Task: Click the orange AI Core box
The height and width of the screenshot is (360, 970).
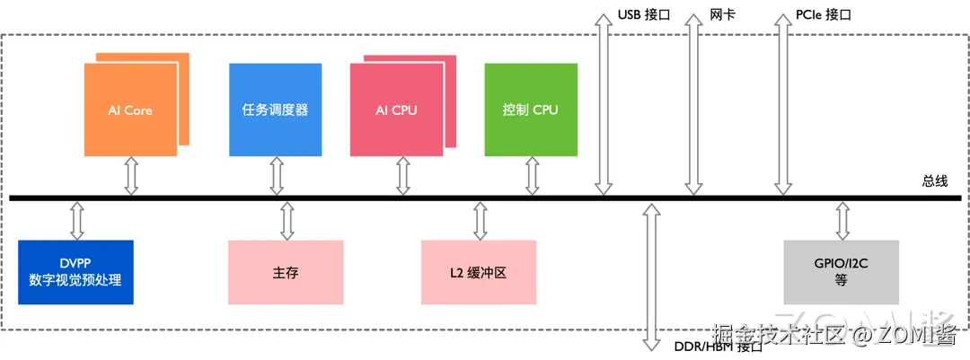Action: (x=130, y=110)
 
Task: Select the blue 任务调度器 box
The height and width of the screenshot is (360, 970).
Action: (x=275, y=110)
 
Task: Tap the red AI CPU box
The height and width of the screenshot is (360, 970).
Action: (x=396, y=110)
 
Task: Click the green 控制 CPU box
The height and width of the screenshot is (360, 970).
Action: (x=530, y=110)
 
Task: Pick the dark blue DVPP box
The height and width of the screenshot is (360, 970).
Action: (x=75, y=272)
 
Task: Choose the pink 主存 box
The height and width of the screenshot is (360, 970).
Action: (x=286, y=272)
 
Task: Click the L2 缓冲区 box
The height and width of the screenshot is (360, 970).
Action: (x=478, y=272)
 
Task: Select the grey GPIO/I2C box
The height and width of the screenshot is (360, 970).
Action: (x=841, y=272)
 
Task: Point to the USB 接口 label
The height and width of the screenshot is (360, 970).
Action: (x=643, y=15)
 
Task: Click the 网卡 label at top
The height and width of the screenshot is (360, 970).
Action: (x=723, y=15)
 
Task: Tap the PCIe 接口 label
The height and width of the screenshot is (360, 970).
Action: (x=823, y=15)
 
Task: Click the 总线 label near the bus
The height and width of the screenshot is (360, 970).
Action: (x=934, y=180)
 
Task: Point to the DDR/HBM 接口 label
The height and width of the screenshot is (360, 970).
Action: (x=718, y=347)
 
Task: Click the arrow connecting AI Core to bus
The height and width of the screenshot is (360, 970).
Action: (x=131, y=176)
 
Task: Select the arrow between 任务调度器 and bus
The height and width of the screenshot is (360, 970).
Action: (x=276, y=176)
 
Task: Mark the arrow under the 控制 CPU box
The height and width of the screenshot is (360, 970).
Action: (x=532, y=176)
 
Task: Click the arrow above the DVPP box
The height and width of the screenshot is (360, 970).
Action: (x=76, y=219)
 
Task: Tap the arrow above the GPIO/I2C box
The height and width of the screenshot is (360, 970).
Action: (x=842, y=219)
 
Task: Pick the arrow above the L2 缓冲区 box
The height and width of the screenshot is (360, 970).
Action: (x=480, y=219)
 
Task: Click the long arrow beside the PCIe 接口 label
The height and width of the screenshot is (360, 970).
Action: (x=784, y=103)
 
